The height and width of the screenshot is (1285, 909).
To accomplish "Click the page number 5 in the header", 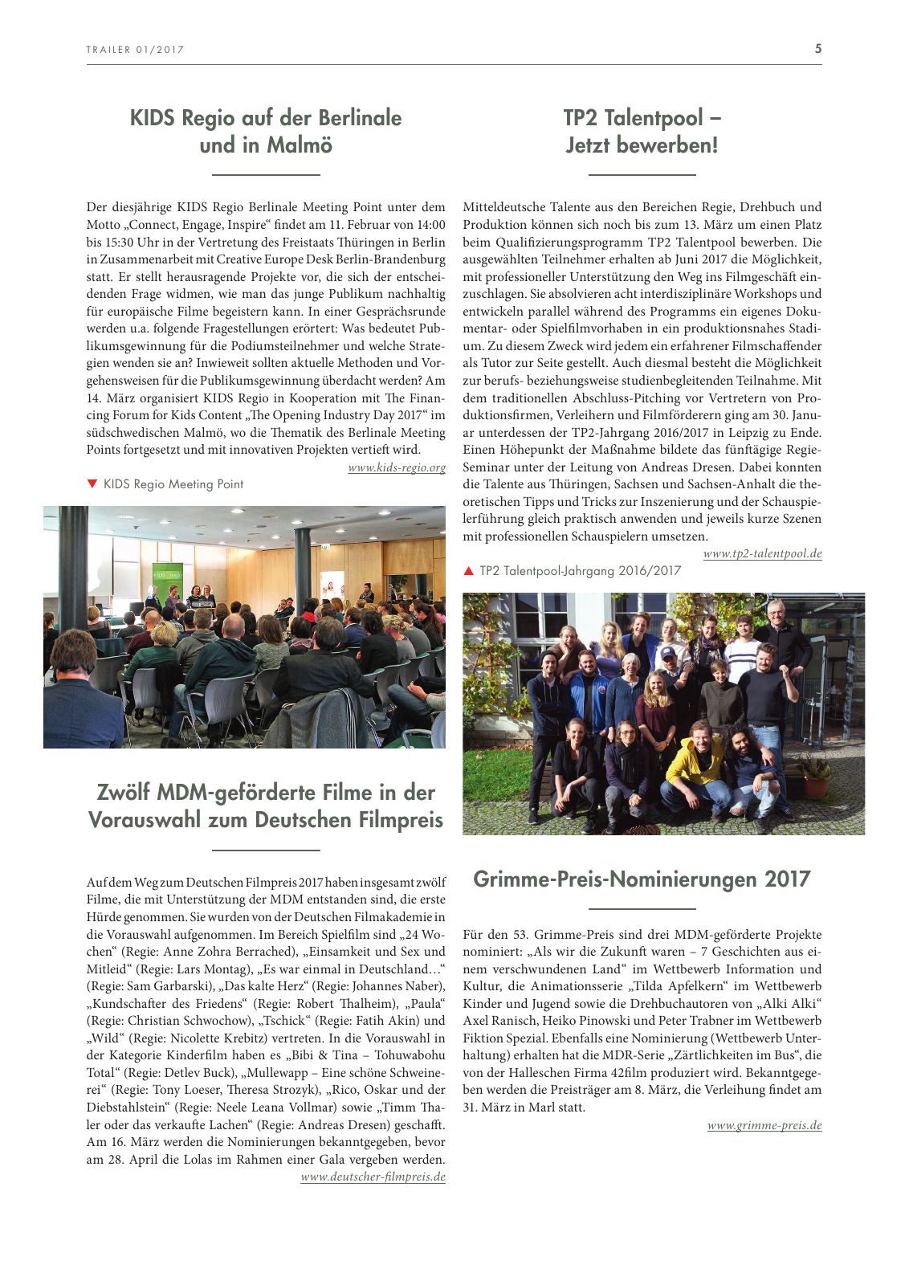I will [817, 49].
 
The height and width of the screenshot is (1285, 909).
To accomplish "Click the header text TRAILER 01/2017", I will [135, 50].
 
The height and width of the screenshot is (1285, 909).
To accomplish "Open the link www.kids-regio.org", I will [397, 467].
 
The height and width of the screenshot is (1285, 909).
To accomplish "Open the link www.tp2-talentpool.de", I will [762, 553].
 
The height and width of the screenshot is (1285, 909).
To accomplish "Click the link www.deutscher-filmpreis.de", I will [373, 1177].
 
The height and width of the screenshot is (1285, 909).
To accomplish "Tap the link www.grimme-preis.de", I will [764, 1125].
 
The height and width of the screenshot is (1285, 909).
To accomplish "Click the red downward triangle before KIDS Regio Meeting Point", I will [92, 483].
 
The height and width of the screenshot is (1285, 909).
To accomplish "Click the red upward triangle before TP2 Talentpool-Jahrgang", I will [469, 571].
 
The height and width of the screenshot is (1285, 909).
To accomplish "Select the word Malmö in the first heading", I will [300, 145].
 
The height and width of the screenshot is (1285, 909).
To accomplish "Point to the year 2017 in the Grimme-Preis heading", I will [787, 879].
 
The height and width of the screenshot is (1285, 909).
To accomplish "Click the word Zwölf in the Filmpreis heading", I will [123, 793].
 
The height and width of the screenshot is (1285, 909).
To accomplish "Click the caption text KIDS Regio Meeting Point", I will [173, 484].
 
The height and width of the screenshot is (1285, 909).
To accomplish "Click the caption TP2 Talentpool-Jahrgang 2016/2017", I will [580, 571].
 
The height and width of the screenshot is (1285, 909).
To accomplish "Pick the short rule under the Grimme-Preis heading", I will [642, 909].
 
